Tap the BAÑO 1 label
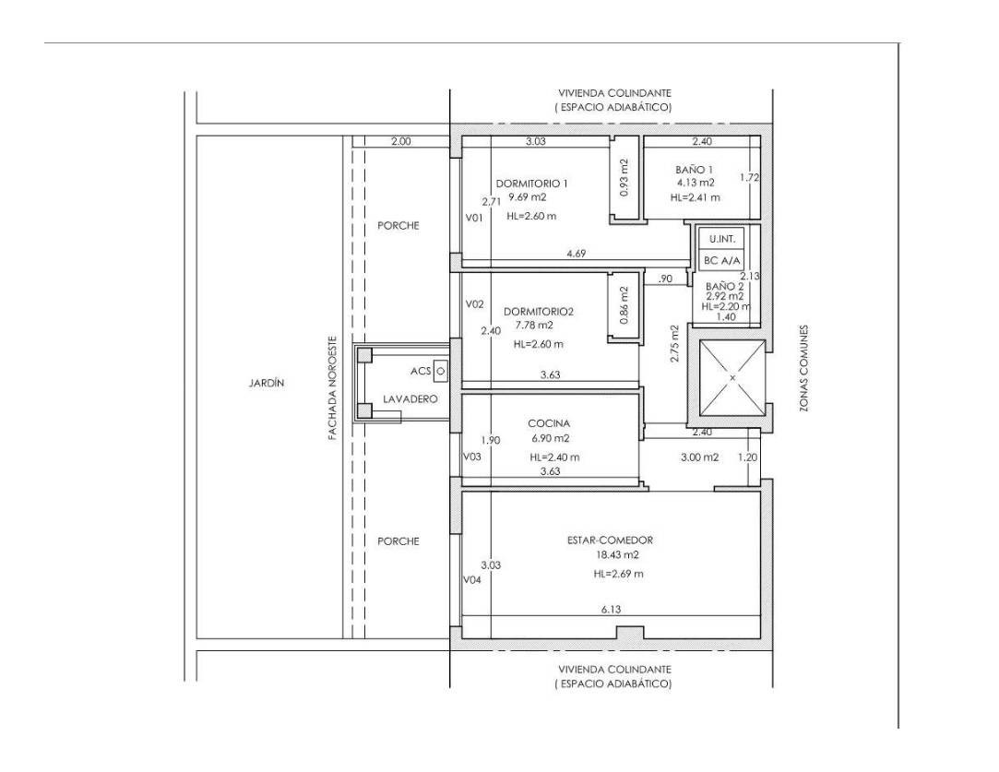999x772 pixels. coord(695,169)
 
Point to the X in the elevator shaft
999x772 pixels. coord(731,378)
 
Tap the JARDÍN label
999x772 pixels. coord(266,383)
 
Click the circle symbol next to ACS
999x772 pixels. coord(440,370)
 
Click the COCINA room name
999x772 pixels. coord(548,423)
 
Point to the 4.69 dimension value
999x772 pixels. coord(575,254)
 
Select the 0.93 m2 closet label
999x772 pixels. coord(624,178)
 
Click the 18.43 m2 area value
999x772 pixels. coord(617,555)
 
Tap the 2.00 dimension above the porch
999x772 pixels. coord(400,141)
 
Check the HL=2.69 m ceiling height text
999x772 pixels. coord(618,574)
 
